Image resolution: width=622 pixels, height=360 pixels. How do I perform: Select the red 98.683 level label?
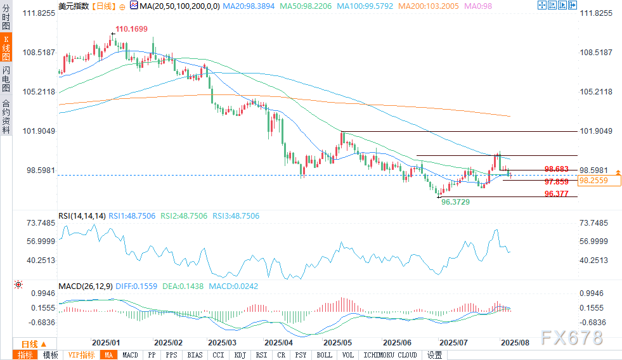pos(556,169)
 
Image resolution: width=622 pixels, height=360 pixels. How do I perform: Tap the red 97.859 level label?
pos(556,181)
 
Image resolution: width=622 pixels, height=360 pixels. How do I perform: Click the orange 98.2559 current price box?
pos(593,181)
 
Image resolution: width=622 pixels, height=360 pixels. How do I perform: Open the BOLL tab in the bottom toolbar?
pos(323,355)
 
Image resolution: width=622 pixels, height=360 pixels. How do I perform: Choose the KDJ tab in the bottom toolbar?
pos(238,355)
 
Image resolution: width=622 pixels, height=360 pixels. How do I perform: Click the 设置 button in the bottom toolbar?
pos(435,355)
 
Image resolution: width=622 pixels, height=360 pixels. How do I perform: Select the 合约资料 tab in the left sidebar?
pos(6,117)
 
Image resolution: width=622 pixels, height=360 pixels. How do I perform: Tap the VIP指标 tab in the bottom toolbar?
pos(82,355)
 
